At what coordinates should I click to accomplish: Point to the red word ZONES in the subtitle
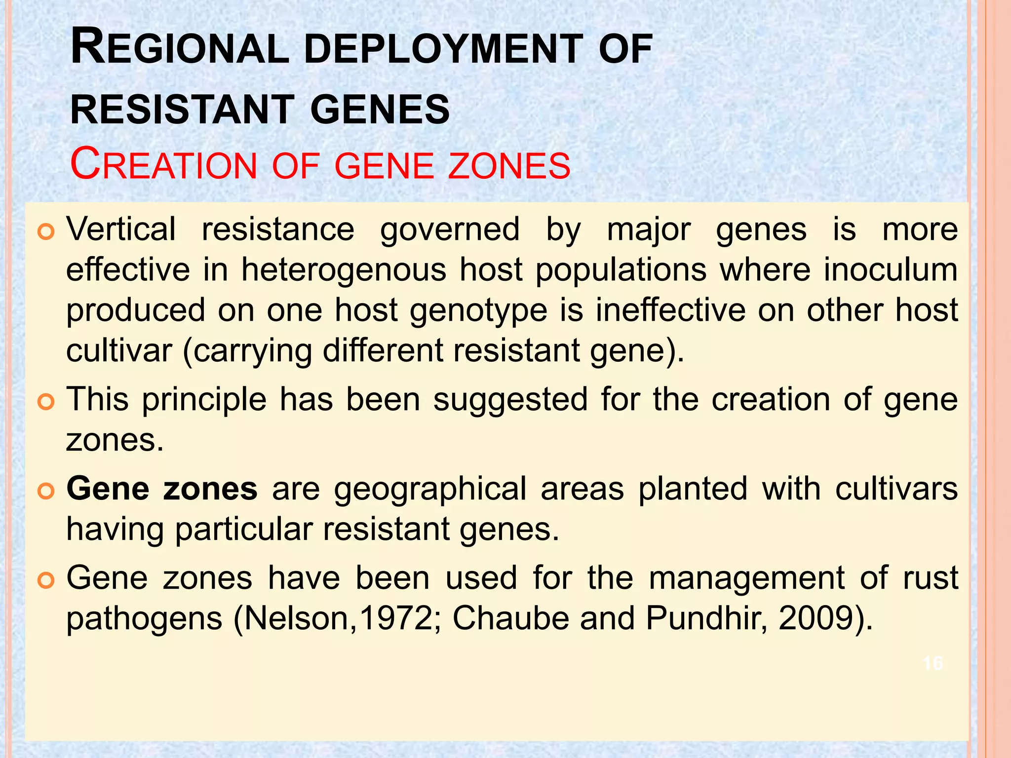509,166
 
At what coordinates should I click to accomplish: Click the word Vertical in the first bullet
121,229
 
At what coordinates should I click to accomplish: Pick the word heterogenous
344,270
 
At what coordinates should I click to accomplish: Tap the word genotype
478,311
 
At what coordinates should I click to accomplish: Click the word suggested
510,400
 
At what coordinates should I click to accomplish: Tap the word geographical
430,489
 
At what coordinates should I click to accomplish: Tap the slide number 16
933,663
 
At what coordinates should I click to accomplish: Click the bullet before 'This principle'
45,401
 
